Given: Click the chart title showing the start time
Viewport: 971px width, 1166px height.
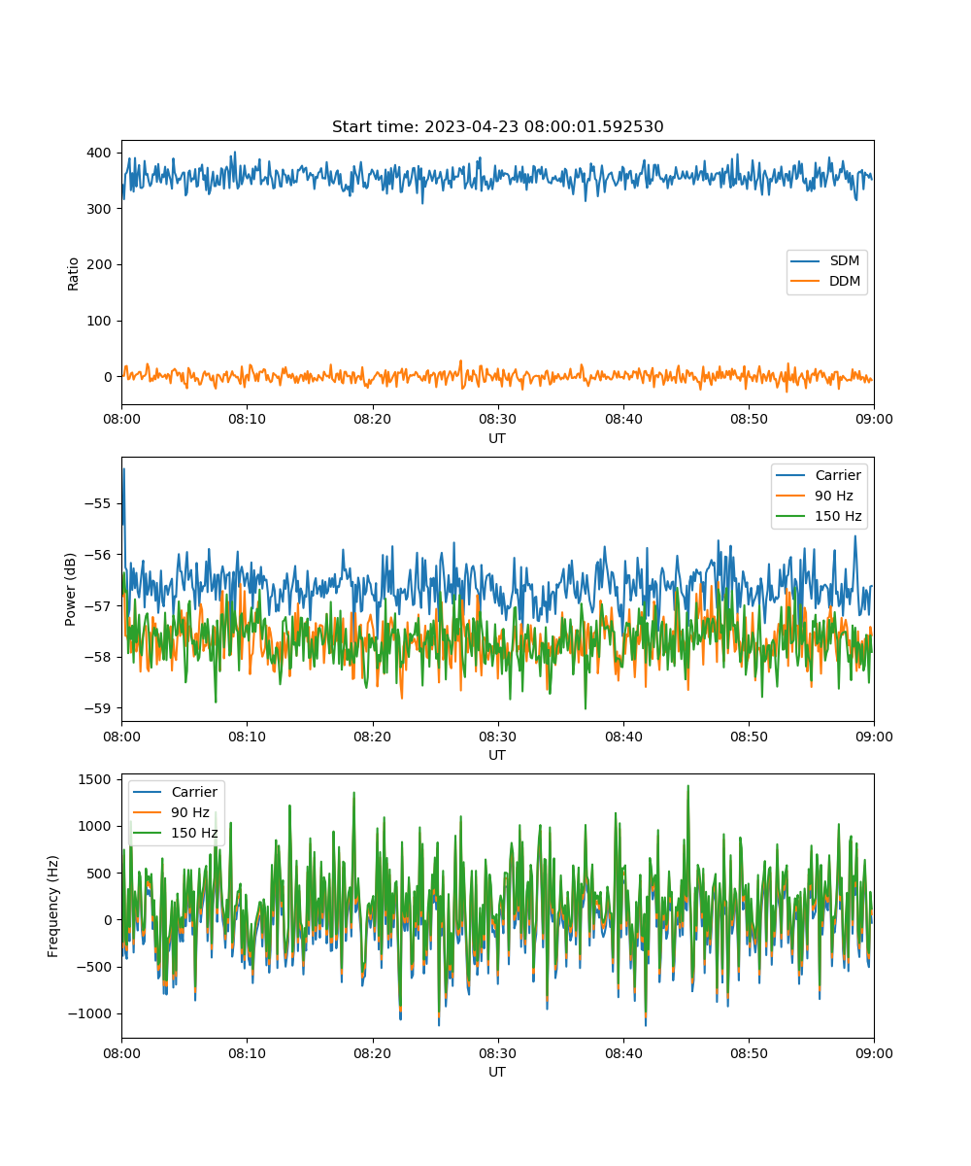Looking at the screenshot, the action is tap(497, 126).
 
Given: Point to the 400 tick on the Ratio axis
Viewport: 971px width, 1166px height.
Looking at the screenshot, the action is tap(99, 153).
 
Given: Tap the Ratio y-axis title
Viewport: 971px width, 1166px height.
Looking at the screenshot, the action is tap(73, 274).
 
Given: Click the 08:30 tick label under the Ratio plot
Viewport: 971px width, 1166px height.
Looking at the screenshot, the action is tap(498, 419).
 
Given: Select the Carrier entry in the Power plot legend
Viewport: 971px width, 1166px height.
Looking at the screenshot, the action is tap(819, 475).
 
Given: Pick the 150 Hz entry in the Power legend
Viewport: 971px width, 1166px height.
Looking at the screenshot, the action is tap(819, 516).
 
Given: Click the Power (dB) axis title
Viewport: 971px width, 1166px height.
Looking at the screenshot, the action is tap(70, 590).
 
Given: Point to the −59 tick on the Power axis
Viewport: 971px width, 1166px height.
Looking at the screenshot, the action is tap(98, 708).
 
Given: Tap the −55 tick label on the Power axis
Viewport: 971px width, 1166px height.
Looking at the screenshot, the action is tap(98, 503).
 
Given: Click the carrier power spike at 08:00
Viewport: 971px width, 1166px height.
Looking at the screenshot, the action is tap(124, 469).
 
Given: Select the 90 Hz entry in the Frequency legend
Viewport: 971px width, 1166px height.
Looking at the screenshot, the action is tap(177, 812).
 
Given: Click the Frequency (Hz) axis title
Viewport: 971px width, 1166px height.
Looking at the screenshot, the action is tap(53, 906).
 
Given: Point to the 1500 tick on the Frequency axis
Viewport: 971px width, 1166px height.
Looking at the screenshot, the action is tap(95, 779).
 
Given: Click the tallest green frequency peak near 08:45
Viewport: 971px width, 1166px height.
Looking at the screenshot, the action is tap(688, 786).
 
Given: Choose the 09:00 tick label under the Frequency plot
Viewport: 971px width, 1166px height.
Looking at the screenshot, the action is tap(874, 1053).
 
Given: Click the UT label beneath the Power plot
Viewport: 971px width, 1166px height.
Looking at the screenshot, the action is tap(497, 755).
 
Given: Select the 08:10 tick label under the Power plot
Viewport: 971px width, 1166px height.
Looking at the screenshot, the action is tap(248, 737).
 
